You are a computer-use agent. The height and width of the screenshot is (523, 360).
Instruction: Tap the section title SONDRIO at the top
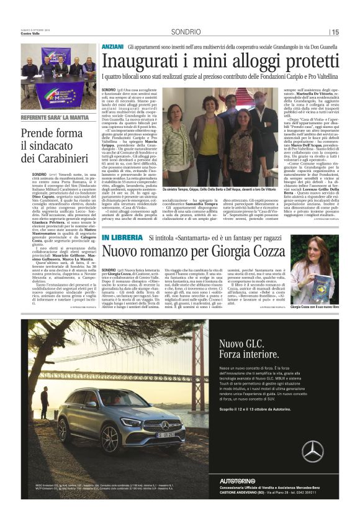(186, 32)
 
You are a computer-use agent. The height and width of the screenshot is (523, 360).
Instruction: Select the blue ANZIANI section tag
(112, 47)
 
